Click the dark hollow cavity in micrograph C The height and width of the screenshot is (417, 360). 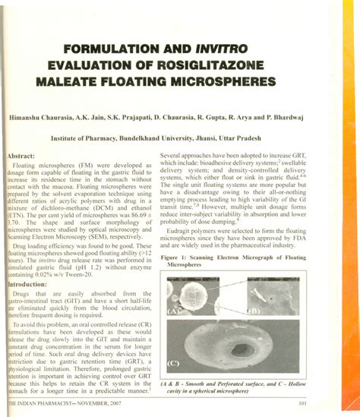pyautogui.click(x=242, y=352)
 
